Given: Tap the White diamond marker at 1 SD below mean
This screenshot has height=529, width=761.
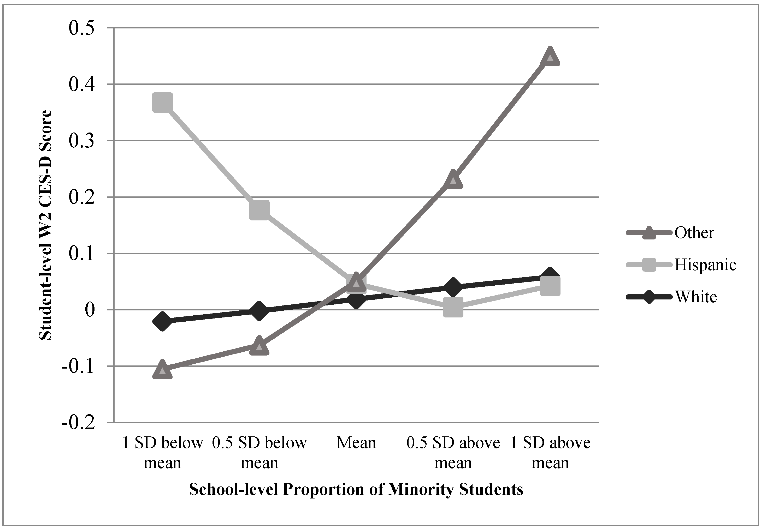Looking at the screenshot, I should tap(162, 321).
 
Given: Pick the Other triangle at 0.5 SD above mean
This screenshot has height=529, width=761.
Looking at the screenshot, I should tap(453, 180).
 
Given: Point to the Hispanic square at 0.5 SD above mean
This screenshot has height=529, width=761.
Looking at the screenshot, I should tap(453, 307).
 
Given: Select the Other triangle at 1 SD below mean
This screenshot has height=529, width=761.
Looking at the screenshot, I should tap(162, 370).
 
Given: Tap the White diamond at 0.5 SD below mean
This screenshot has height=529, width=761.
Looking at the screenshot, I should tap(259, 310).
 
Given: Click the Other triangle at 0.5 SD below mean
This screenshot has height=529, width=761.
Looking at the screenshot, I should tap(259, 346).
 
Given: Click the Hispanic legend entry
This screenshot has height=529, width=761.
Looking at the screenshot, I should tap(705, 265).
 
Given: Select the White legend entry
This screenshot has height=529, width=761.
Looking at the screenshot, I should tap(696, 297).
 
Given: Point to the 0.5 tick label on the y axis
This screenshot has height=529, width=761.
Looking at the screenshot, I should tap(81, 28).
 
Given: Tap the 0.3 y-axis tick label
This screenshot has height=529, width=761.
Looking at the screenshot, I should tap(81, 140).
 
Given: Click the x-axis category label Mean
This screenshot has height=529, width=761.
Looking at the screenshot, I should tap(356, 443).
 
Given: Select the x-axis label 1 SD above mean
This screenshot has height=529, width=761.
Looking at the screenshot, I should tap(550, 453).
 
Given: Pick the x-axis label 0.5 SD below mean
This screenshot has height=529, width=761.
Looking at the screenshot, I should tap(259, 453).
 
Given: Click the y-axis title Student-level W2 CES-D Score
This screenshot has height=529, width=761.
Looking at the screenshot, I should tap(45, 225).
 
